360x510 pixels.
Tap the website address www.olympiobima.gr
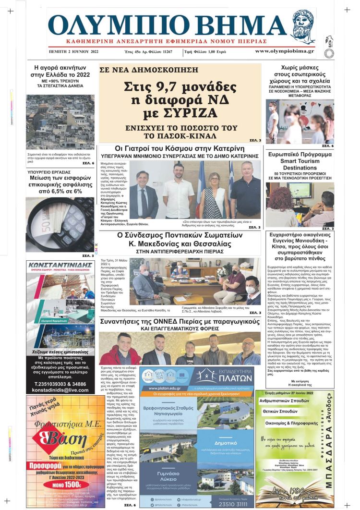pyautogui.click(x=284, y=51)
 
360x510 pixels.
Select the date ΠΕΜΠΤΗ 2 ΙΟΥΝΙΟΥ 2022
pyautogui.click(x=73, y=51)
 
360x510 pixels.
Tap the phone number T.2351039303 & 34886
pyautogui.click(x=60, y=384)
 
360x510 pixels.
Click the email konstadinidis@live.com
pyautogui.click(x=60, y=390)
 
